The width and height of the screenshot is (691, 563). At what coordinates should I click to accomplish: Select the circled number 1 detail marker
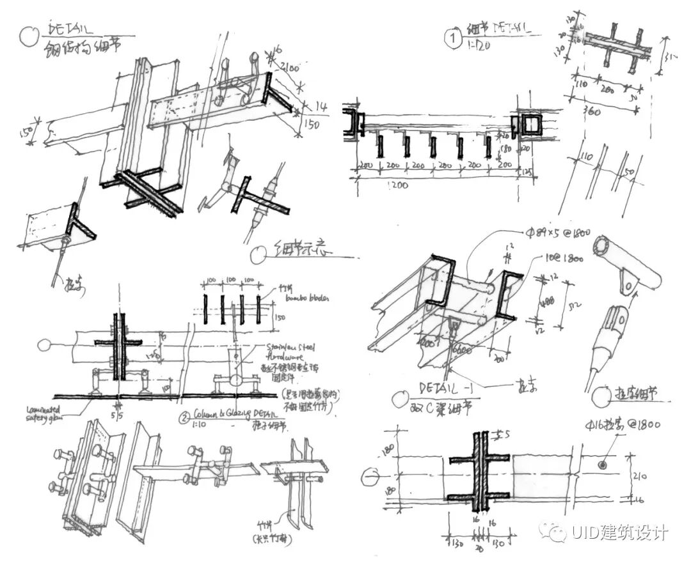click(x=453, y=39)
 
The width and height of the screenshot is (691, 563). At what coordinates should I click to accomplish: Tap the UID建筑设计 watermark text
click(x=611, y=532)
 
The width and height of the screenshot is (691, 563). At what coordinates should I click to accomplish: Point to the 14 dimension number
click(x=321, y=107)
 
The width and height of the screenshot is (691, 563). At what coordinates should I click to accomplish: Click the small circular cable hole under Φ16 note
click(x=602, y=465)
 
